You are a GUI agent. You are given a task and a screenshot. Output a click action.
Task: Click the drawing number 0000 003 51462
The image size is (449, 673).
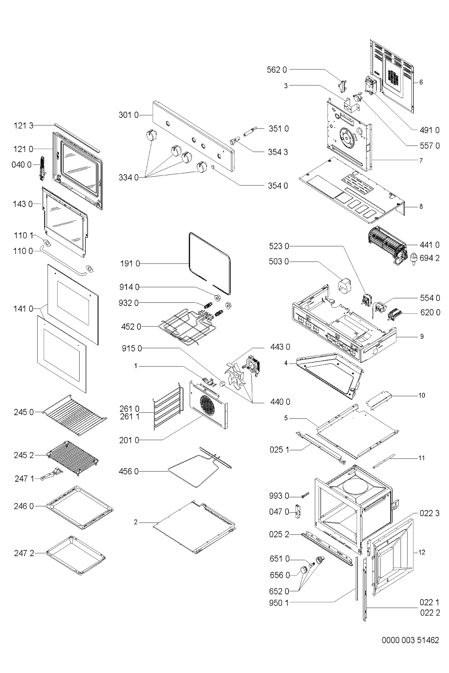(411, 640)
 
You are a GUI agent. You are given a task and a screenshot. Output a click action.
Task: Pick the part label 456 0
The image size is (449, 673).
(130, 472)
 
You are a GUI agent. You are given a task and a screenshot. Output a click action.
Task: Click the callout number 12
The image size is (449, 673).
(422, 552)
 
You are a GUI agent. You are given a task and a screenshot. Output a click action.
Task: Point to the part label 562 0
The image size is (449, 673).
(277, 70)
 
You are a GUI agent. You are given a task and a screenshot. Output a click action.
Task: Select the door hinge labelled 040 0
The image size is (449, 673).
(42, 168)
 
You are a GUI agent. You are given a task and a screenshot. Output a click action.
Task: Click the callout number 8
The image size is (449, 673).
(421, 206)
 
